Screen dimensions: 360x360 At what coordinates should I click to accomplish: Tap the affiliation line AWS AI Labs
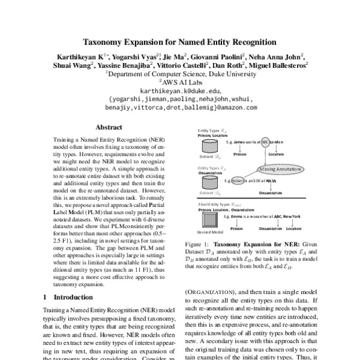[179, 83]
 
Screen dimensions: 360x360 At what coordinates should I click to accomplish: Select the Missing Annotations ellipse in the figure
[280, 169]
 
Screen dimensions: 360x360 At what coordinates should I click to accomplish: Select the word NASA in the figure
[271, 179]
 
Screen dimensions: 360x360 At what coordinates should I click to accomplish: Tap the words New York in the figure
[285, 215]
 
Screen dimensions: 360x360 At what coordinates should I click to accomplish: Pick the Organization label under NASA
[271, 193]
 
